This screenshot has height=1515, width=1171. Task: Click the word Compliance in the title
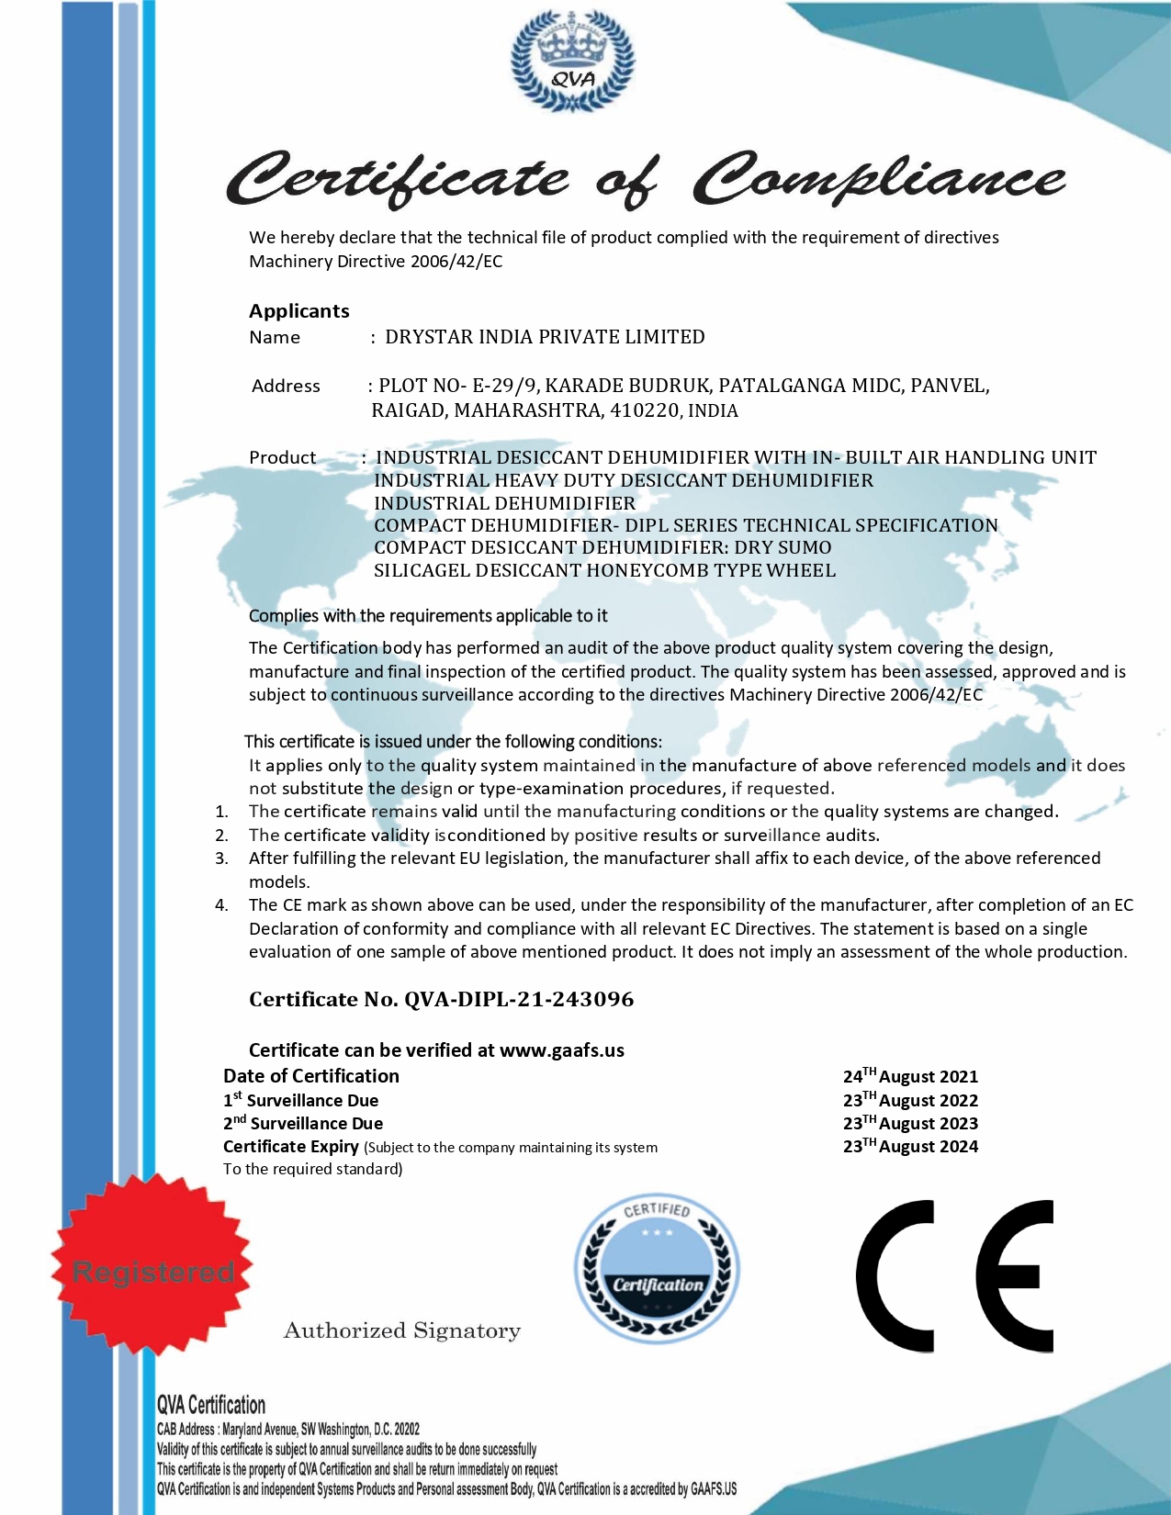pyautogui.click(x=879, y=178)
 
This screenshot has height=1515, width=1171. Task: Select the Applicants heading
pyautogui.click(x=299, y=310)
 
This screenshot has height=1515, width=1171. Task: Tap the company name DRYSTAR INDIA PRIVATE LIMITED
pyautogui.click(x=545, y=337)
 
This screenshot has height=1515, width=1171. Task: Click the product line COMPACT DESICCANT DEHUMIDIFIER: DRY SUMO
pyautogui.click(x=602, y=547)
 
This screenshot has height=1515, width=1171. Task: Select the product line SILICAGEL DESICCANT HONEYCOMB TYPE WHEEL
pyautogui.click(x=604, y=570)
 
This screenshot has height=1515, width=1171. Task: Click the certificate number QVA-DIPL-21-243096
pyautogui.click(x=519, y=999)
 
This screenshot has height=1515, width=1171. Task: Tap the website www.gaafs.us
pyautogui.click(x=562, y=1050)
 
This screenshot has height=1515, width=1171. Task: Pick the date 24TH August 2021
pyautogui.click(x=910, y=1076)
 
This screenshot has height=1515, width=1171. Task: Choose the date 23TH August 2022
pyautogui.click(x=910, y=1100)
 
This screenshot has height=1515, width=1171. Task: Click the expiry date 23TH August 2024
pyautogui.click(x=910, y=1146)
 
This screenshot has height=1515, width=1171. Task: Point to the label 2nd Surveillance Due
pyautogui.click(x=303, y=1123)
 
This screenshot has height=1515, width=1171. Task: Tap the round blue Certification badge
pyautogui.click(x=657, y=1268)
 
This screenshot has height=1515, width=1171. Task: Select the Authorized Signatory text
pyautogui.click(x=402, y=1330)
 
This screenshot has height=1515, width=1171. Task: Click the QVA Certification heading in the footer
pyautogui.click(x=211, y=1405)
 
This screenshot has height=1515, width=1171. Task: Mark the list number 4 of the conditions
pyautogui.click(x=221, y=905)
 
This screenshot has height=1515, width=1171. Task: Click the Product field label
pyautogui.click(x=282, y=457)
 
